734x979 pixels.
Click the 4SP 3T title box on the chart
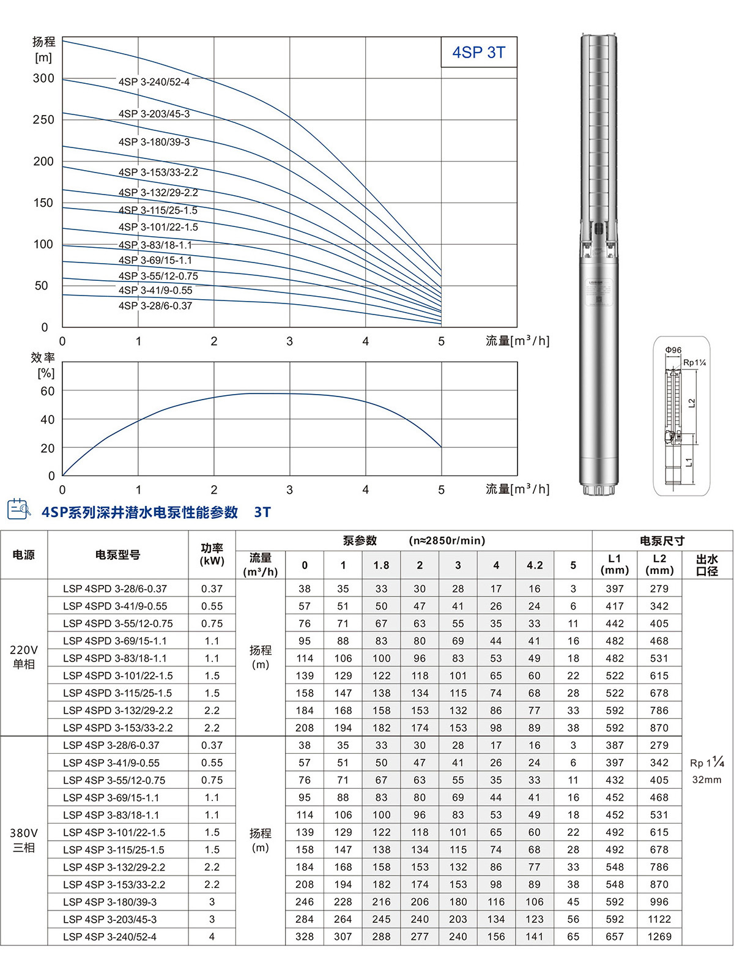coord(479,53)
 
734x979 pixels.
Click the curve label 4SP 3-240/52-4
coord(154,82)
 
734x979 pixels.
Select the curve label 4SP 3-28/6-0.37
coord(155,306)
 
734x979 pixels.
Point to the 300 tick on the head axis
coord(43,78)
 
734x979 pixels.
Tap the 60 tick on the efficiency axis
coord(47,391)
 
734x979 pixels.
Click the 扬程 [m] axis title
coord(43,50)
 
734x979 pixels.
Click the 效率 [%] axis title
coord(43,365)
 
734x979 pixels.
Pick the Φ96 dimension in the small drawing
coord(673,351)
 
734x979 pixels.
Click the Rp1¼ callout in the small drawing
coord(694,363)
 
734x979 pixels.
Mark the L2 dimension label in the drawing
coord(692,403)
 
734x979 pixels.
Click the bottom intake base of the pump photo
coord(598,489)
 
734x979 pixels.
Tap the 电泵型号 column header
coord(117,555)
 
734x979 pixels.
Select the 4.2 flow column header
coord(535,565)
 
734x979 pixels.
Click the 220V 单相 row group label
coord(24,657)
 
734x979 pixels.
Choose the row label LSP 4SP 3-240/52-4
coord(110,937)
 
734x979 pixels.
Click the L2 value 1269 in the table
coord(659,937)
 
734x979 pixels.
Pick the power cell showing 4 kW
coord(212,937)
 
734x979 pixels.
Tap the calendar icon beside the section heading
coord(18,510)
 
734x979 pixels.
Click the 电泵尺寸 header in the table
coord(662,541)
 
